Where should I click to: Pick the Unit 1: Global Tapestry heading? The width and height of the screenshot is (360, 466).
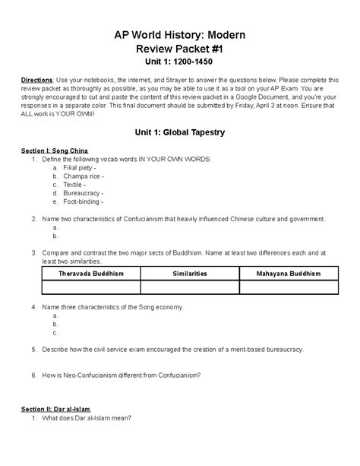click(179, 132)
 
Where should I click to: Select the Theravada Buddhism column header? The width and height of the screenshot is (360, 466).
click(91, 272)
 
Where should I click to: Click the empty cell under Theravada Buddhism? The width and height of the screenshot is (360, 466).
click(91, 287)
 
